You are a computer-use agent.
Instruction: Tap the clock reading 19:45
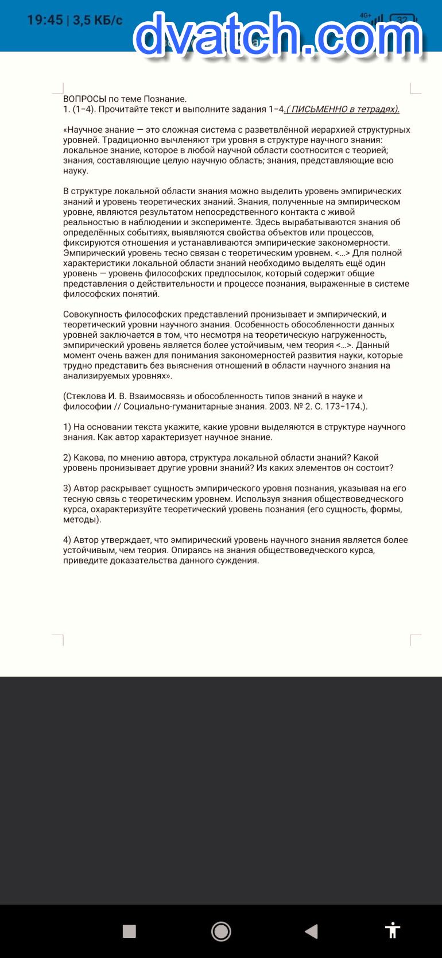(45, 20)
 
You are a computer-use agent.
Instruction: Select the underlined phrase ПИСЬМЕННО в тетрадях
(343, 109)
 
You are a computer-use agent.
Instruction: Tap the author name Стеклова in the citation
(86, 396)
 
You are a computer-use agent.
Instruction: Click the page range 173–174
(346, 407)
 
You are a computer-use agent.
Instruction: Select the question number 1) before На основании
(67, 427)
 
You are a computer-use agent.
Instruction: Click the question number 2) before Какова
(67, 458)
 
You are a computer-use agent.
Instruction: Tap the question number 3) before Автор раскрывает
(67, 489)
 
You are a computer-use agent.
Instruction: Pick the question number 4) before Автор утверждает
(67, 540)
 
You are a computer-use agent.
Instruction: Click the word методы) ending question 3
(82, 520)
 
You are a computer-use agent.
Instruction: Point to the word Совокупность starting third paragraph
(92, 314)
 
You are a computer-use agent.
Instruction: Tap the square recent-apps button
(129, 931)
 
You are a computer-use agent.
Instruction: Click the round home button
(221, 931)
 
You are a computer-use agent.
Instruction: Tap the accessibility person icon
(393, 930)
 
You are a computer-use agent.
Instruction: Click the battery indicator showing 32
(403, 21)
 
